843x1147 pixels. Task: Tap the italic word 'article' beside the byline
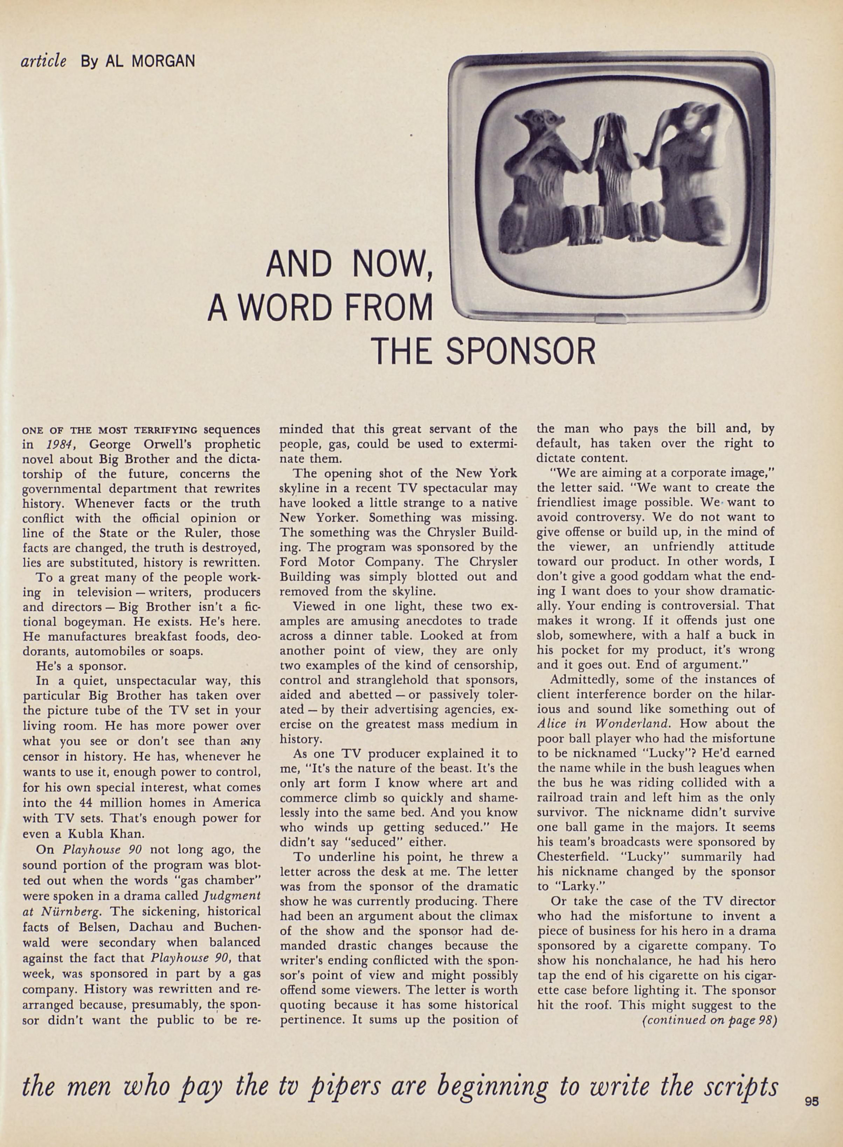click(43, 61)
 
